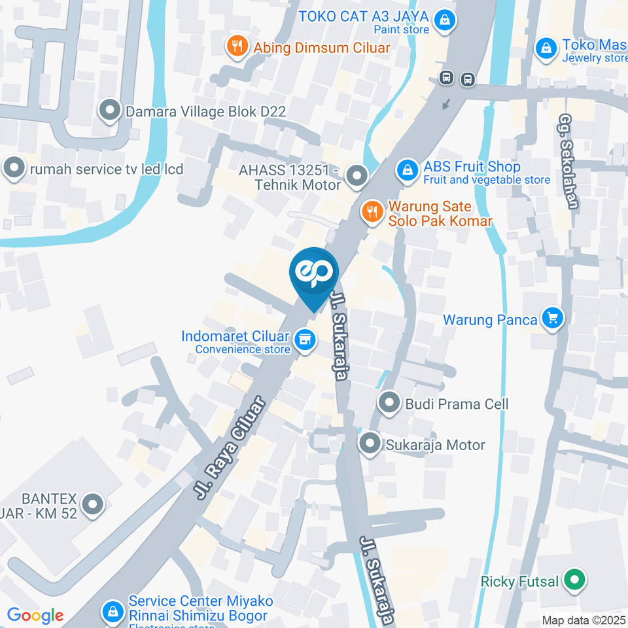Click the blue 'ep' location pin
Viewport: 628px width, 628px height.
[x=315, y=273]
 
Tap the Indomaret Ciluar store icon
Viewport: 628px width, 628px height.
[x=304, y=340]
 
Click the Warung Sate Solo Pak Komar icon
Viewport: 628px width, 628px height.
[x=372, y=211]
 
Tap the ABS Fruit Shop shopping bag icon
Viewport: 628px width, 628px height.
[x=408, y=171]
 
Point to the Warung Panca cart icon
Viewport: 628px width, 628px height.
[x=553, y=319]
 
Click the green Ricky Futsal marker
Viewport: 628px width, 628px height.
[x=575, y=580]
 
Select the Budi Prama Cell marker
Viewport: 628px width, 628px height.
[x=390, y=402]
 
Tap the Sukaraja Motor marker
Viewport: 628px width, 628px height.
[x=371, y=444]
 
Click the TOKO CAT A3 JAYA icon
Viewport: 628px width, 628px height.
[x=445, y=20]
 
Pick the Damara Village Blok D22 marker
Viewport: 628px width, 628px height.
[x=109, y=111]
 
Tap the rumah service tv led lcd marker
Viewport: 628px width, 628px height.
[x=13, y=168]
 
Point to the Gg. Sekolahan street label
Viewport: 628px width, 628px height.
[x=568, y=162]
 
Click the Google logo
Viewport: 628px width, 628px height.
[x=35, y=615]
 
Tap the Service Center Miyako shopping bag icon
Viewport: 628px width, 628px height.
[x=113, y=612]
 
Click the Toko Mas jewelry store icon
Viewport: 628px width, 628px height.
[x=545, y=47]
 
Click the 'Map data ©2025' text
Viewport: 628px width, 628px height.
[x=584, y=619]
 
